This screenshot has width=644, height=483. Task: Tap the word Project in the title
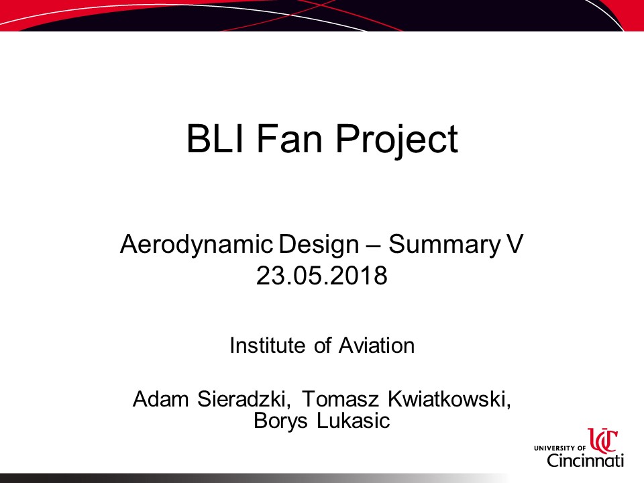pos(396,140)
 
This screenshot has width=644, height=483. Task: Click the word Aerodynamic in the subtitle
pos(197,245)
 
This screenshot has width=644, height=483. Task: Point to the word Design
pos(319,245)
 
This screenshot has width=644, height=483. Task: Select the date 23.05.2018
pos(321,275)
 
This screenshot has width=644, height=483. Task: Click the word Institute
pos(268,345)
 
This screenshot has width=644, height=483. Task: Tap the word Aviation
pos(376,345)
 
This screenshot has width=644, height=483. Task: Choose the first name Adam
pos(160,398)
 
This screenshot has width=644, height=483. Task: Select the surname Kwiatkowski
pos(449,399)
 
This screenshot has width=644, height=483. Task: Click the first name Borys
pos(280,421)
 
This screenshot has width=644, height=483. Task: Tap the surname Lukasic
pos(354,420)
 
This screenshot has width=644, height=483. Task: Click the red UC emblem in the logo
pos(603,440)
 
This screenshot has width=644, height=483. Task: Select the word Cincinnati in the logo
pos(585,460)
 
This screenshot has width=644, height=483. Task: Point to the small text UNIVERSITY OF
pos(559,448)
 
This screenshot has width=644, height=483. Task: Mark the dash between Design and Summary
pos(374,246)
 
